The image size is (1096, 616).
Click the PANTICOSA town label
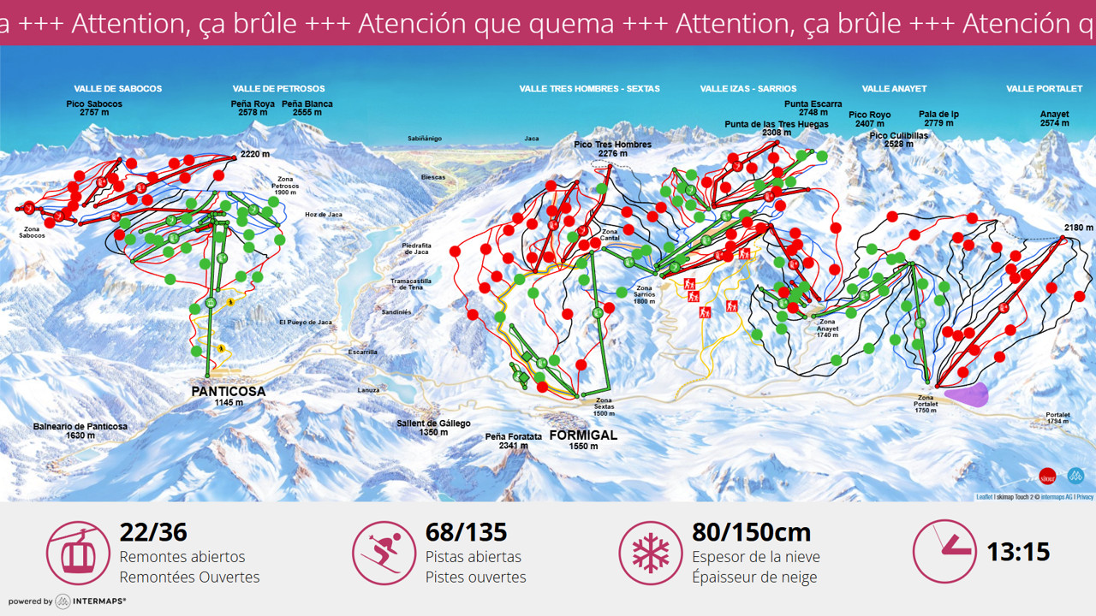tap(228, 391)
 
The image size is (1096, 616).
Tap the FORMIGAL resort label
tap(583, 435)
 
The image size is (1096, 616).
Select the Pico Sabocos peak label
tap(94, 104)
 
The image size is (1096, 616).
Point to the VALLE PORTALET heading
tap(1044, 88)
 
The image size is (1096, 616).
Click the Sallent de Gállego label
tap(433, 423)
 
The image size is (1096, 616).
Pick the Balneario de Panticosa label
tap(80, 426)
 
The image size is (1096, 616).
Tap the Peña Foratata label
tap(514, 436)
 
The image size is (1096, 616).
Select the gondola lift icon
tap(78, 553)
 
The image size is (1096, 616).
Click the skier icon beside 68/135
tap(384, 553)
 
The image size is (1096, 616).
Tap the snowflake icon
tap(651, 553)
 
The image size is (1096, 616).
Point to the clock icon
tap(944, 552)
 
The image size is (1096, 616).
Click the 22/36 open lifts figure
tap(152, 532)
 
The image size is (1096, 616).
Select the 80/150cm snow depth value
tap(751, 532)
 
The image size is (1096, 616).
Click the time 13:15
tap(1018, 552)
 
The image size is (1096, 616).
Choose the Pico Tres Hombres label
tap(612, 145)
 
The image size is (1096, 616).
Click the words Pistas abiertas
tap(473, 557)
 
